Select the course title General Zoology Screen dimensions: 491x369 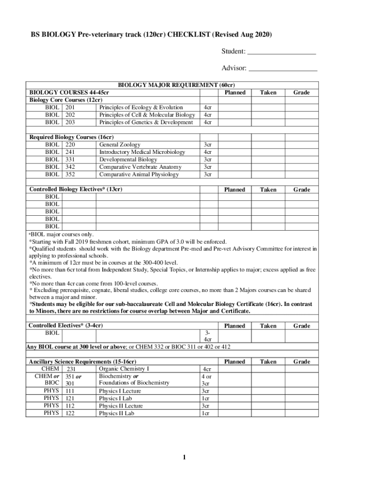tap(120, 144)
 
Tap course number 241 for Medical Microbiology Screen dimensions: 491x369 tap(70, 152)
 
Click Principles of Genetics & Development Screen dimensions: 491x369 tap(146, 122)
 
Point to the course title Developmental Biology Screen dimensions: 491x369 tap(128, 159)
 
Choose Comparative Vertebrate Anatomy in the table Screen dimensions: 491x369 tap(140, 167)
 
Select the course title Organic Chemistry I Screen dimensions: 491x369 tap(124, 369)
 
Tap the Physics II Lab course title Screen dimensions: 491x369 tap(116, 413)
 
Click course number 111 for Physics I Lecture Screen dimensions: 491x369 tap(70, 391)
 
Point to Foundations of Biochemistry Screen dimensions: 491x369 tap(134, 383)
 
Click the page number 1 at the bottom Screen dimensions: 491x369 tap(184, 458)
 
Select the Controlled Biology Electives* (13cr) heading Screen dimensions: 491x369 tap(76, 189)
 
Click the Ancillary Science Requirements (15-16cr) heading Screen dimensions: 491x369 tap(82, 362)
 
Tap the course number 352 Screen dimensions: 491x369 tap(70, 175)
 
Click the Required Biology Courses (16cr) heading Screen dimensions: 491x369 tap(71, 137)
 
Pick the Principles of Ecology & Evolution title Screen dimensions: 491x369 tap(141, 107)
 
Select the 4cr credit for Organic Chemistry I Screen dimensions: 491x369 tap(207, 369)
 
